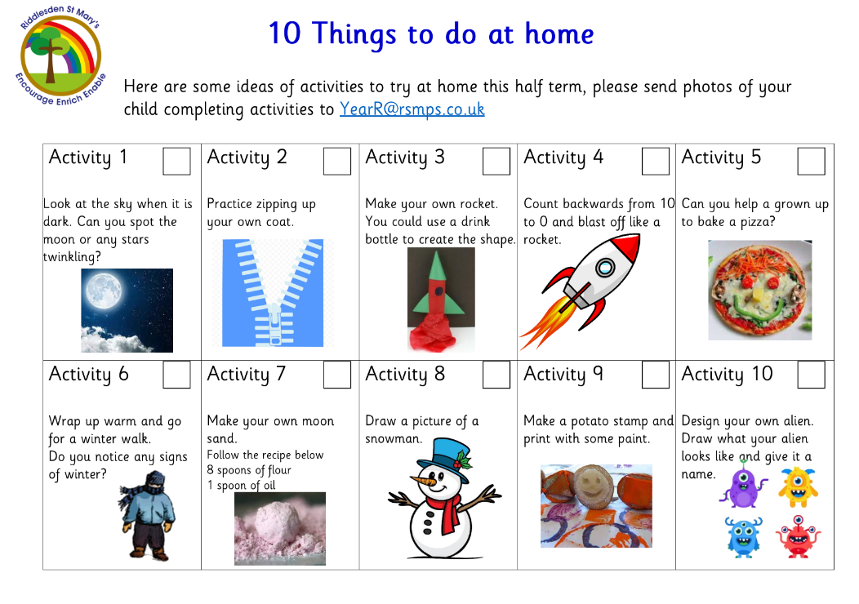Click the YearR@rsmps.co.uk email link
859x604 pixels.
[x=412, y=109]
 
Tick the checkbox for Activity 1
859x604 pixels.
[x=176, y=161]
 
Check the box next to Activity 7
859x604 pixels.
[x=337, y=375]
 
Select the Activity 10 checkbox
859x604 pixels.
[x=812, y=375]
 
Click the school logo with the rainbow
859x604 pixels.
[x=60, y=56]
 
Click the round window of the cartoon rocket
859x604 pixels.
[x=605, y=268]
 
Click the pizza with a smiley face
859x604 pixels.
[x=759, y=291]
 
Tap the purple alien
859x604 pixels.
[x=742, y=484]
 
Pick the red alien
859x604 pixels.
[x=798, y=536]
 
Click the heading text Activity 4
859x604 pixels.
[x=563, y=158]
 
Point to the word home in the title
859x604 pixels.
[x=559, y=34]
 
